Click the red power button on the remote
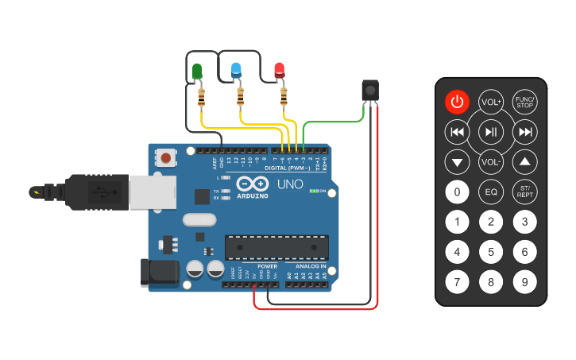click(x=457, y=102)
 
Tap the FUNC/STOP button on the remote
click(x=524, y=102)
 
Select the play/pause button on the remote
click(x=491, y=132)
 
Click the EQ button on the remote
click(x=491, y=192)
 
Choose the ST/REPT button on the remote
click(x=524, y=192)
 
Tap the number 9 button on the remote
click(x=524, y=281)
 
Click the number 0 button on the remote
click(x=457, y=192)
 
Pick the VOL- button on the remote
click(x=491, y=162)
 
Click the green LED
click(x=197, y=72)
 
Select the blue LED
click(x=236, y=70)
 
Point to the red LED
click(x=280, y=70)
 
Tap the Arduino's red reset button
click(x=166, y=157)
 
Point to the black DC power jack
click(x=158, y=273)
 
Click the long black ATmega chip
click(x=276, y=247)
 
